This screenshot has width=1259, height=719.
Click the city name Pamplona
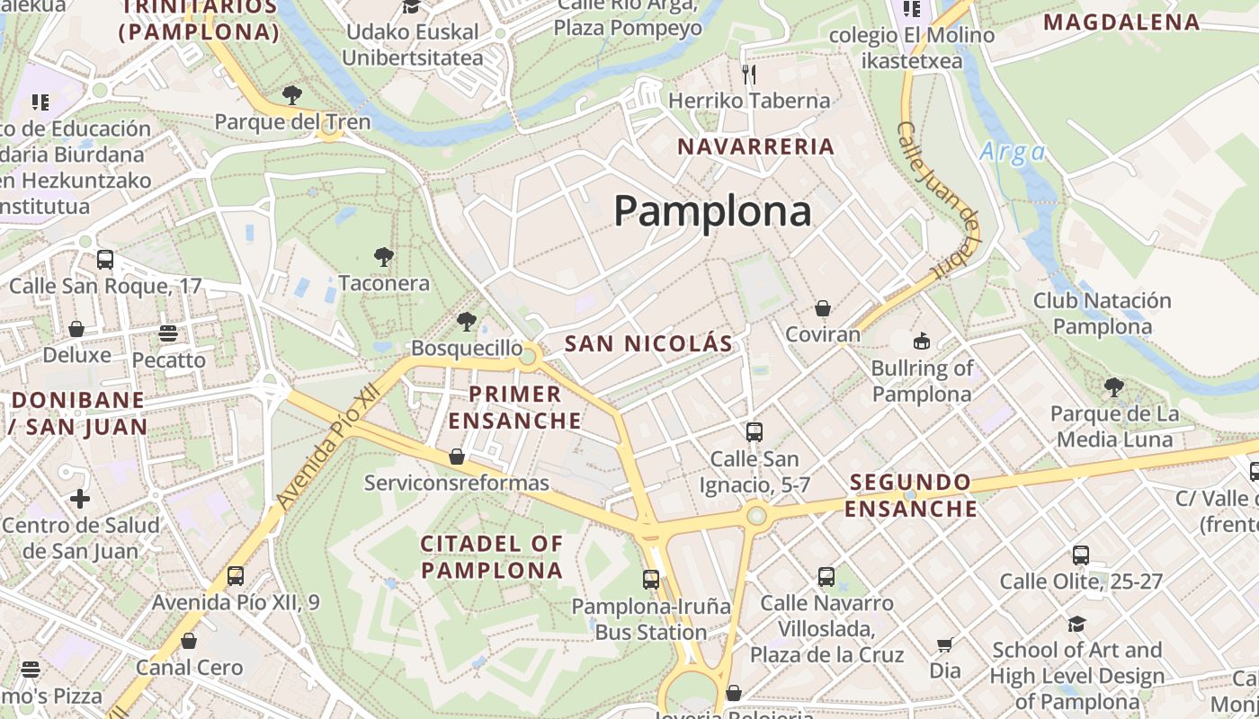712,211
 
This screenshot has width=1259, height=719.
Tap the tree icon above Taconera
384,257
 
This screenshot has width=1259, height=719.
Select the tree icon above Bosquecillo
466,321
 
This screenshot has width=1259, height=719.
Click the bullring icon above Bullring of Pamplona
922,341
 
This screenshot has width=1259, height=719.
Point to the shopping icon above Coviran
822,308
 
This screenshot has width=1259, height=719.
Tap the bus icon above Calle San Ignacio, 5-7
755,432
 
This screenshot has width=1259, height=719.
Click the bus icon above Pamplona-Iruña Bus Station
651,580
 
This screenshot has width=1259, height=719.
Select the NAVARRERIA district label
755,146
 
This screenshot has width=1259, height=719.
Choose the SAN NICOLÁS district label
648,343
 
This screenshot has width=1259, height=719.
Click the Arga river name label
1013,151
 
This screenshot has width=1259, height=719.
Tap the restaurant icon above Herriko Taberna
748,73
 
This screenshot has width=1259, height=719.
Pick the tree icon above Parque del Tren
291,94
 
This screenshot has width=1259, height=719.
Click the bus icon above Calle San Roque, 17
105,260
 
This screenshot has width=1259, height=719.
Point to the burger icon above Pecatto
167,333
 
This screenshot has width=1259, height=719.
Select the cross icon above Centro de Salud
80,498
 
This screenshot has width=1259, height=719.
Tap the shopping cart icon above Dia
944,644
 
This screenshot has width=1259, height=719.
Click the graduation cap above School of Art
1076,623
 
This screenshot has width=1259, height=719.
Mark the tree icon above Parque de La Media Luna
1113,387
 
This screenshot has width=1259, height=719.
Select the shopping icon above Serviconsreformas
457,457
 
